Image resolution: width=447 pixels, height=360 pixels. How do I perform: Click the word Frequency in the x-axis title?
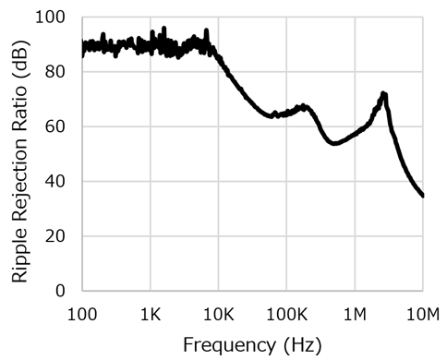tap(225, 345)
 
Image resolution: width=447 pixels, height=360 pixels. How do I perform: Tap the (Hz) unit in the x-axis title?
tap(301, 345)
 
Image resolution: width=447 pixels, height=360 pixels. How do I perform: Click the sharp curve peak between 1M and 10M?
tap(383, 94)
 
